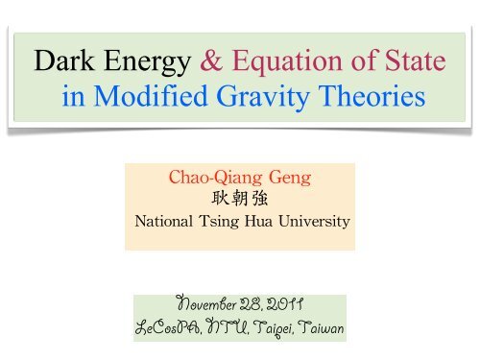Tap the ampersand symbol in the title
click(x=213, y=62)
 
